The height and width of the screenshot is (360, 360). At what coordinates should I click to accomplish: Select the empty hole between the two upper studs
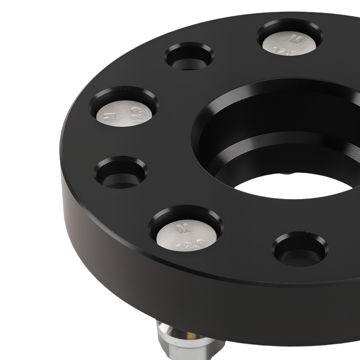coord(189,57)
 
